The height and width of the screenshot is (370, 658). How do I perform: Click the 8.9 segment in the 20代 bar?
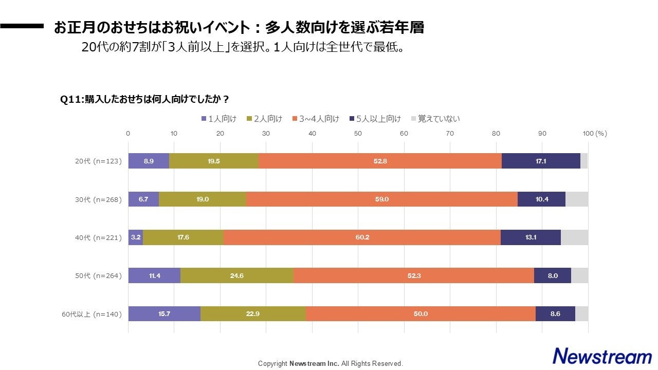click(x=149, y=161)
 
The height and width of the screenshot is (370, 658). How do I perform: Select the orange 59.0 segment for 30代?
click(x=382, y=199)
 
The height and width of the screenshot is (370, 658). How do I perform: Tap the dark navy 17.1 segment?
click(x=541, y=161)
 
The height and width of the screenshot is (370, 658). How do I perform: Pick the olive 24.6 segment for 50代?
click(x=237, y=275)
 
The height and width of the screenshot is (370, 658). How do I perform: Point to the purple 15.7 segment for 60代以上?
click(x=164, y=314)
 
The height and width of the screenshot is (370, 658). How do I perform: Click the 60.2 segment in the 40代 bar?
click(x=362, y=237)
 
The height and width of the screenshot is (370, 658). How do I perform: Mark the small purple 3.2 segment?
click(x=136, y=237)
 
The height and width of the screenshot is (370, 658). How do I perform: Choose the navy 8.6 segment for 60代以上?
click(x=555, y=314)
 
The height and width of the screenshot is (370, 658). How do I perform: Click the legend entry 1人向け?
click(x=218, y=119)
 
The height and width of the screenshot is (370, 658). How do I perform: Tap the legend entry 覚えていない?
click(x=435, y=119)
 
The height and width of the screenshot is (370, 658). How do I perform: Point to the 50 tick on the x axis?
click(x=358, y=134)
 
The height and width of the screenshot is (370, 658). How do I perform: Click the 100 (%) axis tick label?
click(x=595, y=134)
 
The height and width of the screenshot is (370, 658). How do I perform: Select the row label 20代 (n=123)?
click(x=97, y=161)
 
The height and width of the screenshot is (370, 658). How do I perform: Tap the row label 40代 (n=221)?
click(x=97, y=238)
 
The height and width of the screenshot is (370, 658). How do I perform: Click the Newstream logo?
click(x=602, y=356)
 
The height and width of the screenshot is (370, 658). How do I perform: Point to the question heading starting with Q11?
click(x=144, y=99)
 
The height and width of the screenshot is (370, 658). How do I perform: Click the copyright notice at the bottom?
click(x=330, y=363)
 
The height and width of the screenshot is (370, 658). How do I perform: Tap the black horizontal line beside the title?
click(x=22, y=26)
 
